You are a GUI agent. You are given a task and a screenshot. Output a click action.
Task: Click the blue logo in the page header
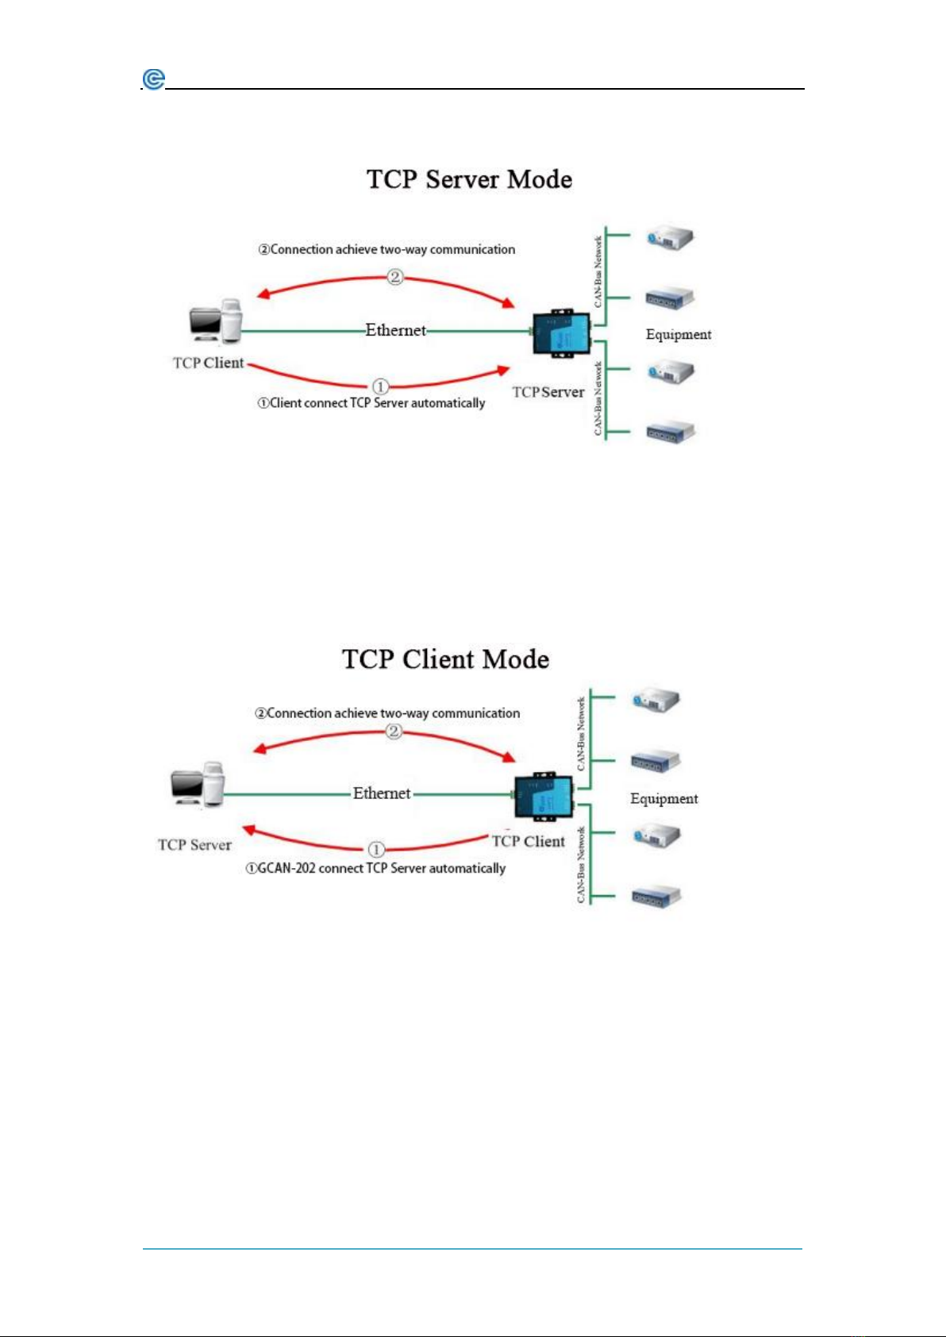pos(154,79)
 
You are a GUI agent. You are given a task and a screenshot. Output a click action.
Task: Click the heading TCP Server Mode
pos(469,179)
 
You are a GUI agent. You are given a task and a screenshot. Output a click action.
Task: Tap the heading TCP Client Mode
pos(445,659)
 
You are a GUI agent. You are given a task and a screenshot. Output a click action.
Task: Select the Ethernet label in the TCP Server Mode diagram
pos(396,330)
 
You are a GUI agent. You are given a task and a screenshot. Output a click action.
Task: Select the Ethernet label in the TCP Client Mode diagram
pos(382,793)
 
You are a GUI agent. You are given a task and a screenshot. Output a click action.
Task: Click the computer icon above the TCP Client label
pos(216,321)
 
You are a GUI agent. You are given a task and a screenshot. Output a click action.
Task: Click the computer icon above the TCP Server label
pos(197,784)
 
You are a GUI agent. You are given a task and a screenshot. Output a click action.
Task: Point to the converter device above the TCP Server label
pos(561,333)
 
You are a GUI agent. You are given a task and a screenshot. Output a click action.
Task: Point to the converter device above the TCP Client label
pos(544,796)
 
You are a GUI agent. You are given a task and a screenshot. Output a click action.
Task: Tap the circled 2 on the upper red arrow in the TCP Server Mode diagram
pos(395,277)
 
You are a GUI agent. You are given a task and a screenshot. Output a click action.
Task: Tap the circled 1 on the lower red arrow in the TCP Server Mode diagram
pos(381,386)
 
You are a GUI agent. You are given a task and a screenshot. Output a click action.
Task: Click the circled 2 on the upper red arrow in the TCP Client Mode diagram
pos(394,731)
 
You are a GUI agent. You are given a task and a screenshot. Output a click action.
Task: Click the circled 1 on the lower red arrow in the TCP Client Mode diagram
pos(375,849)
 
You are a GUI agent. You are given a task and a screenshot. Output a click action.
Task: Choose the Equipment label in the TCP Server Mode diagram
pos(679,335)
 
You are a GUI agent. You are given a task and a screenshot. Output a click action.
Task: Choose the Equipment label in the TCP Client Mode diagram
pos(663,799)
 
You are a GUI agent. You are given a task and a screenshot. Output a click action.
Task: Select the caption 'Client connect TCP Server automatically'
pos(377,404)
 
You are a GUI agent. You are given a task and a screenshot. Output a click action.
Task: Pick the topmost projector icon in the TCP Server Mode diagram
pos(671,240)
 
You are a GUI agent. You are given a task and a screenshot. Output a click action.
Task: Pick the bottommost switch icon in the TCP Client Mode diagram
pos(656,896)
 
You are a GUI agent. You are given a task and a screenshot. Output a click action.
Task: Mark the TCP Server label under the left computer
pos(194,845)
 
